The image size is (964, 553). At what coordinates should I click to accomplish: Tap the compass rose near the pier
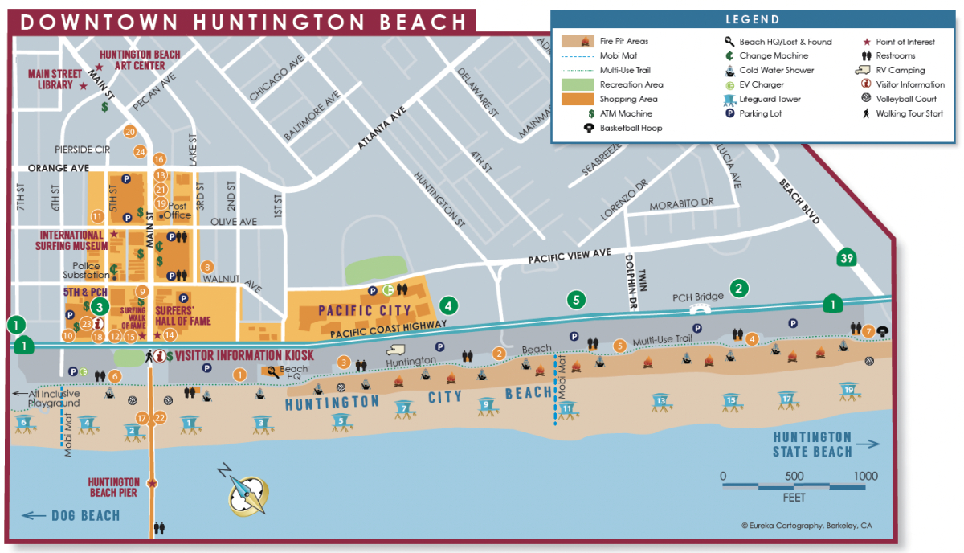[x=246, y=490]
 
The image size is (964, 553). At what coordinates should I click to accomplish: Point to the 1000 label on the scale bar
[x=865, y=477]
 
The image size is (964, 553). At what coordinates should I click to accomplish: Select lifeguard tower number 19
[x=848, y=394]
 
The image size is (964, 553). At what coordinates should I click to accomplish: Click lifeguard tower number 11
[x=567, y=411]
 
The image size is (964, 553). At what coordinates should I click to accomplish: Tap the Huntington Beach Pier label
[x=113, y=487]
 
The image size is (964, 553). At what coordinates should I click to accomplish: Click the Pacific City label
[x=365, y=310]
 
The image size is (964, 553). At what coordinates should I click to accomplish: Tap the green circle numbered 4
[x=447, y=305]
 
